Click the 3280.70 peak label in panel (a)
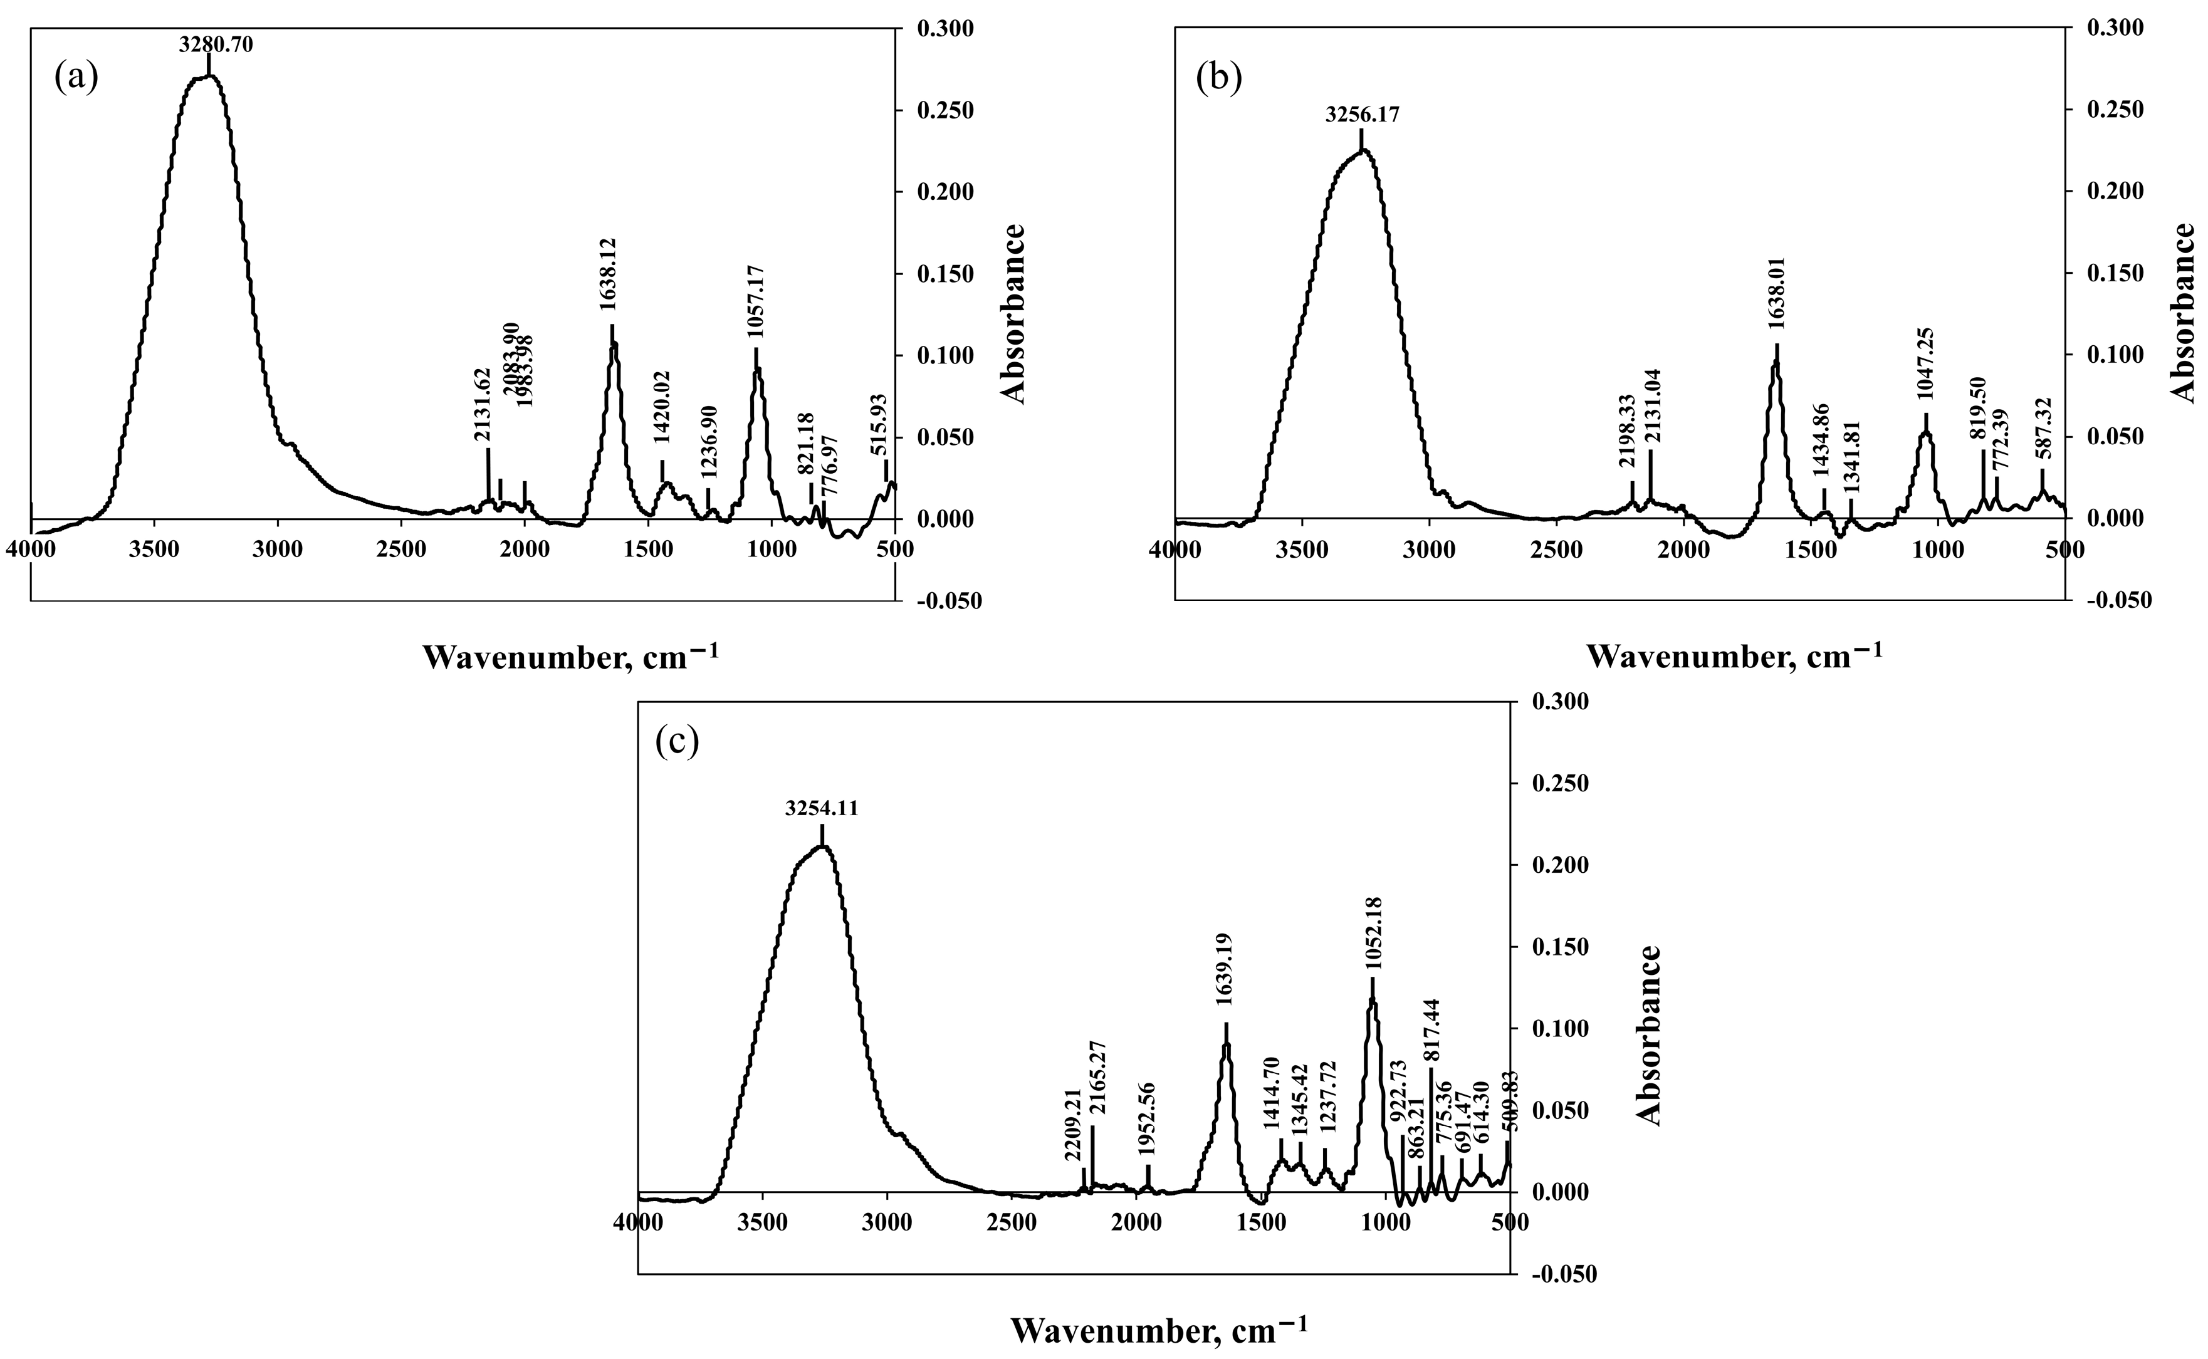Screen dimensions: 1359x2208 pyautogui.click(x=216, y=43)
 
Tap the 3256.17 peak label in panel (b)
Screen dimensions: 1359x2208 pyautogui.click(x=1362, y=115)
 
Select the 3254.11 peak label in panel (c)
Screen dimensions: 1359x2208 pyautogui.click(x=821, y=809)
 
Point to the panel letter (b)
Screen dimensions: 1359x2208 pyautogui.click(x=1219, y=77)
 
